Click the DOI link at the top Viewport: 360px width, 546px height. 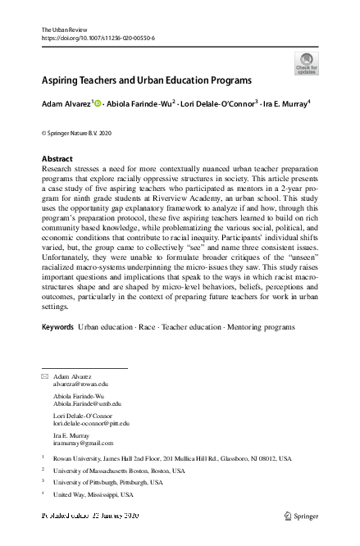(98, 39)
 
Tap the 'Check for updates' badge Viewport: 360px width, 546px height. (306, 63)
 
